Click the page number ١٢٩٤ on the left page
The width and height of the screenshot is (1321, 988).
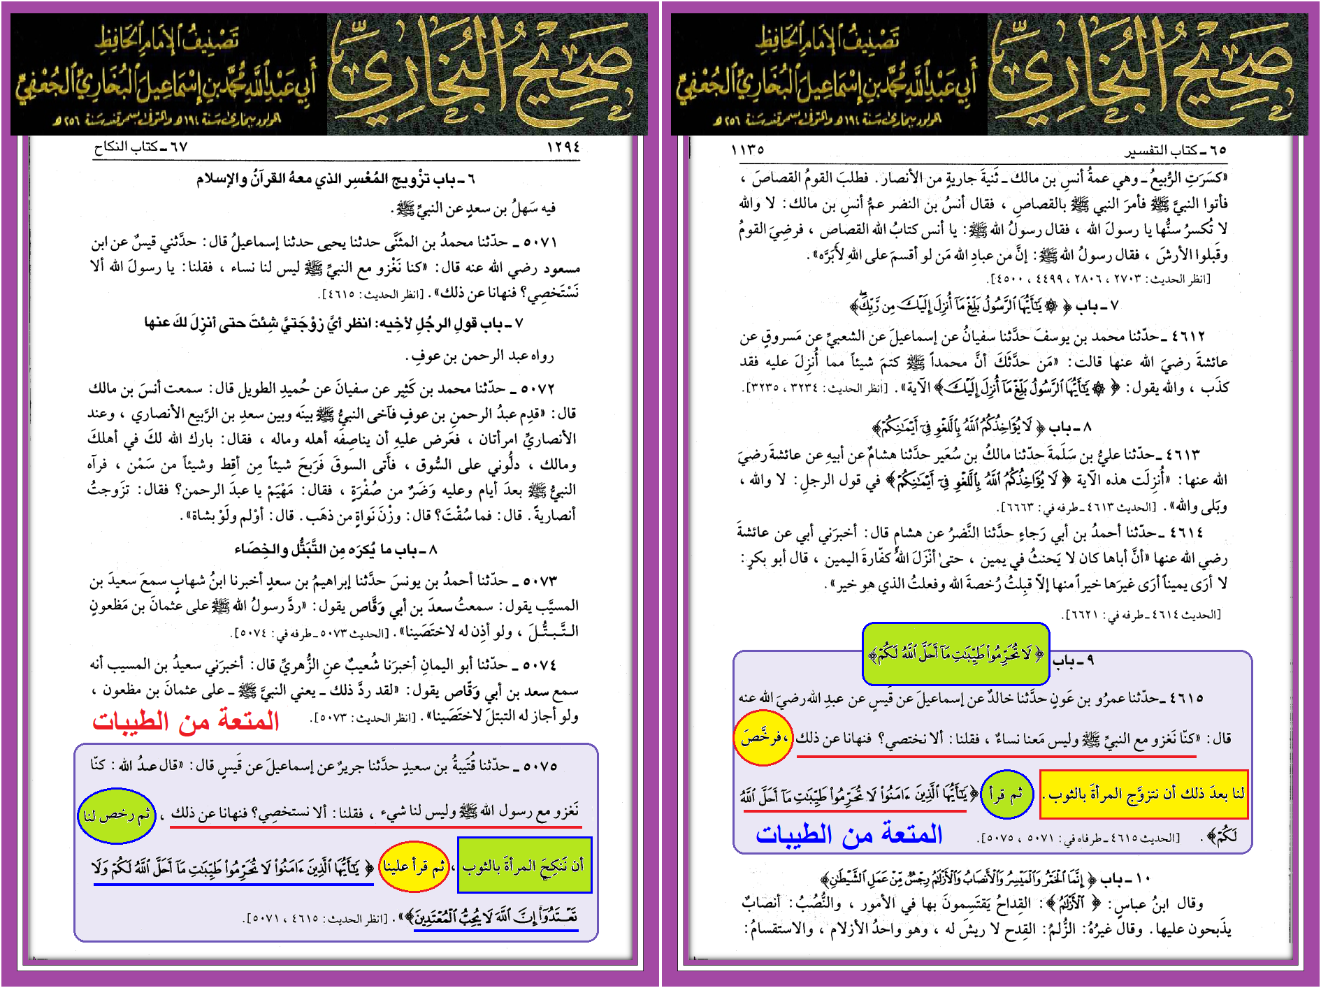(x=563, y=147)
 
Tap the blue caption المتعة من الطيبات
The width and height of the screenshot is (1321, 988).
(x=849, y=834)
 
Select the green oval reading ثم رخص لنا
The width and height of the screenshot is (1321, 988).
(x=116, y=815)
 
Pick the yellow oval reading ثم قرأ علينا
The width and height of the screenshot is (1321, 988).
(x=414, y=867)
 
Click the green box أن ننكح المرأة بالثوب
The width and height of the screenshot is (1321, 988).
(x=524, y=866)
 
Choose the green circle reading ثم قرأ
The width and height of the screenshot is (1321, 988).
(x=1006, y=794)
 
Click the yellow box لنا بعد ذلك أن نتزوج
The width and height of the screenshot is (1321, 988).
(x=1143, y=794)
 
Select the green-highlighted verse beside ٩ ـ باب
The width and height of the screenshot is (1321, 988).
(x=955, y=654)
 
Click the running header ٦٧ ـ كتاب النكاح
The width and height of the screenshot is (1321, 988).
(x=140, y=147)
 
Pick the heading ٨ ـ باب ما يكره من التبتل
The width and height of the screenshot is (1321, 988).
(x=335, y=550)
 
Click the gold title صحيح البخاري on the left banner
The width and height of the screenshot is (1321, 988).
(x=482, y=73)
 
